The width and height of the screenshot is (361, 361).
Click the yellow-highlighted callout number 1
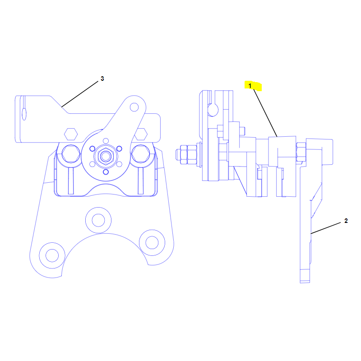(x=250, y=86)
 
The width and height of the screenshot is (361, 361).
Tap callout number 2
(x=346, y=221)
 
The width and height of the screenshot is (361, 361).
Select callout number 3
(x=102, y=79)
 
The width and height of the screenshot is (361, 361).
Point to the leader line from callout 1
(x=265, y=113)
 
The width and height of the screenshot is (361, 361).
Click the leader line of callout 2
(x=325, y=228)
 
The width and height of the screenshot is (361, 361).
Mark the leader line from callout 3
(x=80, y=94)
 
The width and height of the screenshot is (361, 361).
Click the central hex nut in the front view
(x=106, y=157)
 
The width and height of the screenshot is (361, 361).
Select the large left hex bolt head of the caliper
(x=71, y=154)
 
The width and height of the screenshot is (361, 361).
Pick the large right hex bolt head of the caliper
(x=140, y=154)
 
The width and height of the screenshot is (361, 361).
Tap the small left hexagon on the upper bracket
(x=71, y=134)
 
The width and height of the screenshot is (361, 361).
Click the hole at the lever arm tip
(x=134, y=107)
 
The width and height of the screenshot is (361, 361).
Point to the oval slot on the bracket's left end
(x=24, y=114)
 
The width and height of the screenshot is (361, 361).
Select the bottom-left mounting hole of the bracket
(x=52, y=255)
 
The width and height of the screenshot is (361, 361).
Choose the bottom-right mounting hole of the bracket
(x=152, y=242)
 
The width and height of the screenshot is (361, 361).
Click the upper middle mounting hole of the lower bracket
(x=98, y=220)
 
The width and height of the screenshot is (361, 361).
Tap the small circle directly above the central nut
(x=106, y=141)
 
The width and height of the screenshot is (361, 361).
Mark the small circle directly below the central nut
(x=106, y=172)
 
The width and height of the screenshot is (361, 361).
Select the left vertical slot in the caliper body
(x=71, y=181)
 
